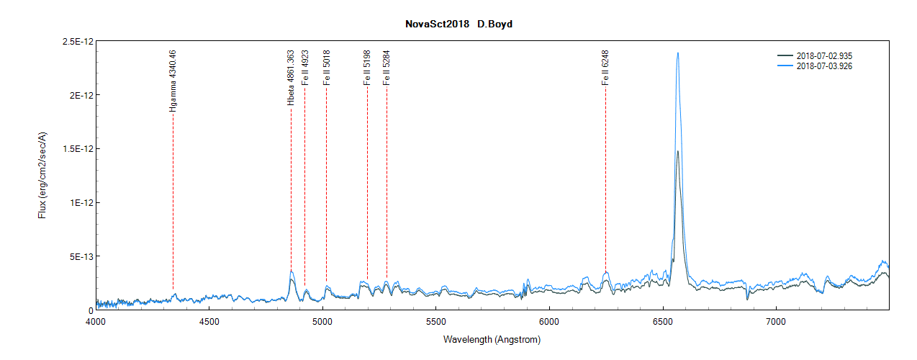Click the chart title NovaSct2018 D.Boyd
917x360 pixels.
click(458, 24)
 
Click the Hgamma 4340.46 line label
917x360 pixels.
click(173, 80)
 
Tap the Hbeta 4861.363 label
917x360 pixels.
click(291, 78)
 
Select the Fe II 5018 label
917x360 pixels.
click(326, 68)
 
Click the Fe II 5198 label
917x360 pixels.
click(367, 68)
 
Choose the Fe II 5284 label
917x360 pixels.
click(387, 68)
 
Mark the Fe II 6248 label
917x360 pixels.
click(605, 68)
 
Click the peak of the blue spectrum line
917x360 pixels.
click(677, 53)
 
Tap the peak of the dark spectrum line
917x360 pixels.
click(677, 151)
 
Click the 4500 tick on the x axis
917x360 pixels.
click(209, 321)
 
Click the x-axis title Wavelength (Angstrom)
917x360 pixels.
click(492, 339)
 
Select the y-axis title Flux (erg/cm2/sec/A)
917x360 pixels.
click(42, 176)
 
